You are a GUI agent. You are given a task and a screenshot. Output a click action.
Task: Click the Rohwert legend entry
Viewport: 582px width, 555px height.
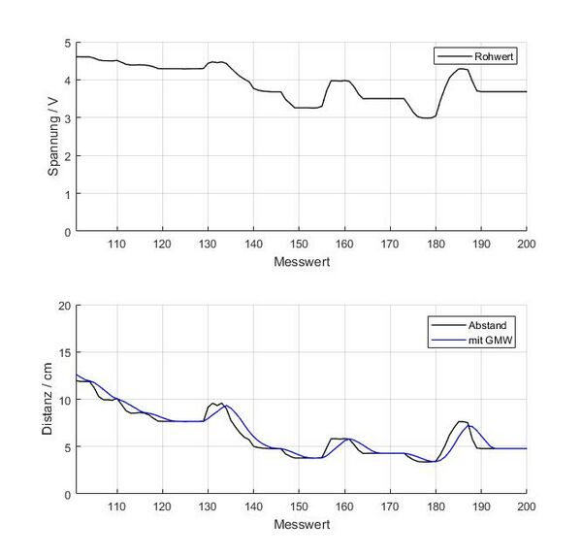coord(495,57)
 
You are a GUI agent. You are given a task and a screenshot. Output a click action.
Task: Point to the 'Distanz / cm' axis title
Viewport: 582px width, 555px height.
coord(51,399)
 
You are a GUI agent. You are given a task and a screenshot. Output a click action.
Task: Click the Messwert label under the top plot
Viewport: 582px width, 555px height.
coord(300,262)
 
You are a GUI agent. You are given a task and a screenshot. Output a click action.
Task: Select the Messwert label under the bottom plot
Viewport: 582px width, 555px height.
coord(300,525)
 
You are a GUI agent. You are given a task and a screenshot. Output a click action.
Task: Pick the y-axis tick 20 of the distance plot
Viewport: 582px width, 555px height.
coord(64,306)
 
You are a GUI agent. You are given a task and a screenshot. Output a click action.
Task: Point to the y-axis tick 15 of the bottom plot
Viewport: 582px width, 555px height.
coord(64,352)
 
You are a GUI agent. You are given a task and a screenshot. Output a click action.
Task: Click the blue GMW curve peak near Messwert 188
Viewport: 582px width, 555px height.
coord(471,426)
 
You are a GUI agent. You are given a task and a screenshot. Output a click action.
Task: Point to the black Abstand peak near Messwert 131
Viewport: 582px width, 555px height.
coord(213,403)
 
